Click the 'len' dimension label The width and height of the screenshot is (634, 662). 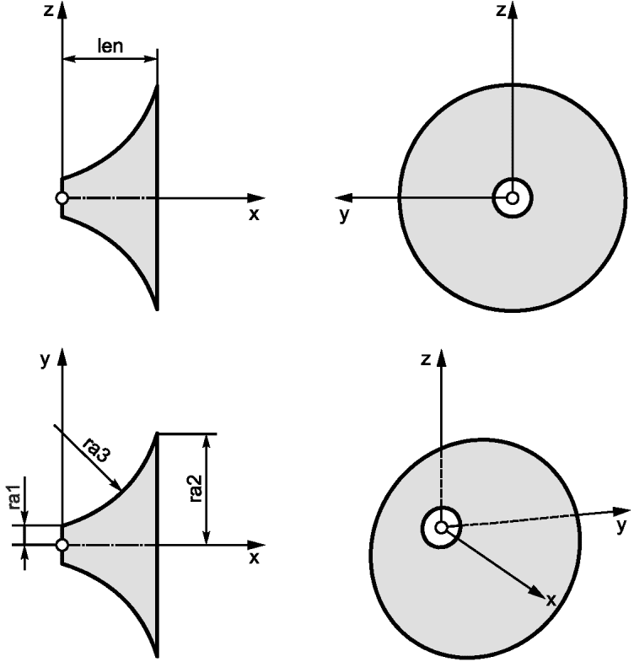click(110, 46)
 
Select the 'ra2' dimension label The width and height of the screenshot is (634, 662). click(196, 488)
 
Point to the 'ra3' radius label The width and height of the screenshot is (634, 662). click(97, 450)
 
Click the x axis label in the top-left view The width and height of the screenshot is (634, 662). click(253, 214)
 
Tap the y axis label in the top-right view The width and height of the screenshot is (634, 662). click(345, 215)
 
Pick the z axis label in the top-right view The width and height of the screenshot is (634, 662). click(501, 11)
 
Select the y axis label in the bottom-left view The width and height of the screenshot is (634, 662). click(45, 360)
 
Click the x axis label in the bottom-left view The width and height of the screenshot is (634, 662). click(254, 558)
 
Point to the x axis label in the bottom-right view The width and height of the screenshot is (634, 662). click(551, 600)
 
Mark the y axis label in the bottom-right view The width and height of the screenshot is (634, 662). click(621, 526)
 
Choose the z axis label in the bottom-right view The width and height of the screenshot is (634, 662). click(426, 359)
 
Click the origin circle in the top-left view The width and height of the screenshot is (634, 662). click(62, 197)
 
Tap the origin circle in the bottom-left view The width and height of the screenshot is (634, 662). click(62, 545)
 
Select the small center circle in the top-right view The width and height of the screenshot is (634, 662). click(513, 198)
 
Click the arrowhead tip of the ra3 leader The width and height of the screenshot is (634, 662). click(121, 490)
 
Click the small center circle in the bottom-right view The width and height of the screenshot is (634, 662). click(441, 527)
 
